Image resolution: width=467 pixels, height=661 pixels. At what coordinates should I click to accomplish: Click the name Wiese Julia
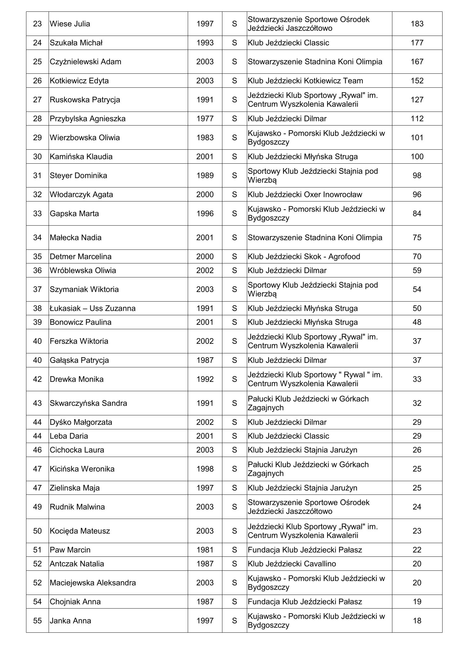(x=70, y=24)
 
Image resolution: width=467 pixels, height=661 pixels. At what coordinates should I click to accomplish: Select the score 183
(x=417, y=24)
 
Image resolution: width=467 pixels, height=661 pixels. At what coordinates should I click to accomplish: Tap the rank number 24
(x=37, y=43)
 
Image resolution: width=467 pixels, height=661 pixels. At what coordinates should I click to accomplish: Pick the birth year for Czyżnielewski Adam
(x=205, y=62)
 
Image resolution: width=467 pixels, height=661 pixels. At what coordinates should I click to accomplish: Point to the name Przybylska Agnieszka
(x=88, y=119)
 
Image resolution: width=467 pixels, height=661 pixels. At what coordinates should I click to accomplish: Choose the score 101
(x=417, y=138)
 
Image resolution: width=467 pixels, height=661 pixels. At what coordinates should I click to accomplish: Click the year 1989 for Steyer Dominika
(x=205, y=175)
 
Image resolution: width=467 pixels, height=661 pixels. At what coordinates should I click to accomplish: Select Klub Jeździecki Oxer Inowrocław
(x=305, y=194)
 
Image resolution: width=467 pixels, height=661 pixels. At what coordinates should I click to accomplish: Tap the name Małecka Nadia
(x=76, y=237)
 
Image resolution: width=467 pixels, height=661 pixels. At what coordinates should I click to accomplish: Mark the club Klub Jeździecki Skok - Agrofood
(x=304, y=256)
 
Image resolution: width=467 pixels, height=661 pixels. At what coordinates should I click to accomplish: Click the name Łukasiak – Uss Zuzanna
(x=92, y=308)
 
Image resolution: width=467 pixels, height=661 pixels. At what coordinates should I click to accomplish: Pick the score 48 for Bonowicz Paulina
(x=417, y=322)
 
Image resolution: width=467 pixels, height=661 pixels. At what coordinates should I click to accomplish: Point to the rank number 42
(x=37, y=379)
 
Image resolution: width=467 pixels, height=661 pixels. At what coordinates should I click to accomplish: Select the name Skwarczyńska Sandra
(x=88, y=403)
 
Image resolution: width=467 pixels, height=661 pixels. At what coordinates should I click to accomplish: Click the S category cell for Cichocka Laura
(x=234, y=450)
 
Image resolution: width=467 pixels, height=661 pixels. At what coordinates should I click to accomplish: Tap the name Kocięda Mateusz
(x=80, y=531)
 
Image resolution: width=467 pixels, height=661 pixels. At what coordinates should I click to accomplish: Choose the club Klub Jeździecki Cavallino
(x=292, y=564)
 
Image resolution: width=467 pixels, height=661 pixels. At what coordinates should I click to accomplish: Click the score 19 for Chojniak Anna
(x=417, y=602)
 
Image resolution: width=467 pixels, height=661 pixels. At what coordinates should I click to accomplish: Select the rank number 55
(x=37, y=621)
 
